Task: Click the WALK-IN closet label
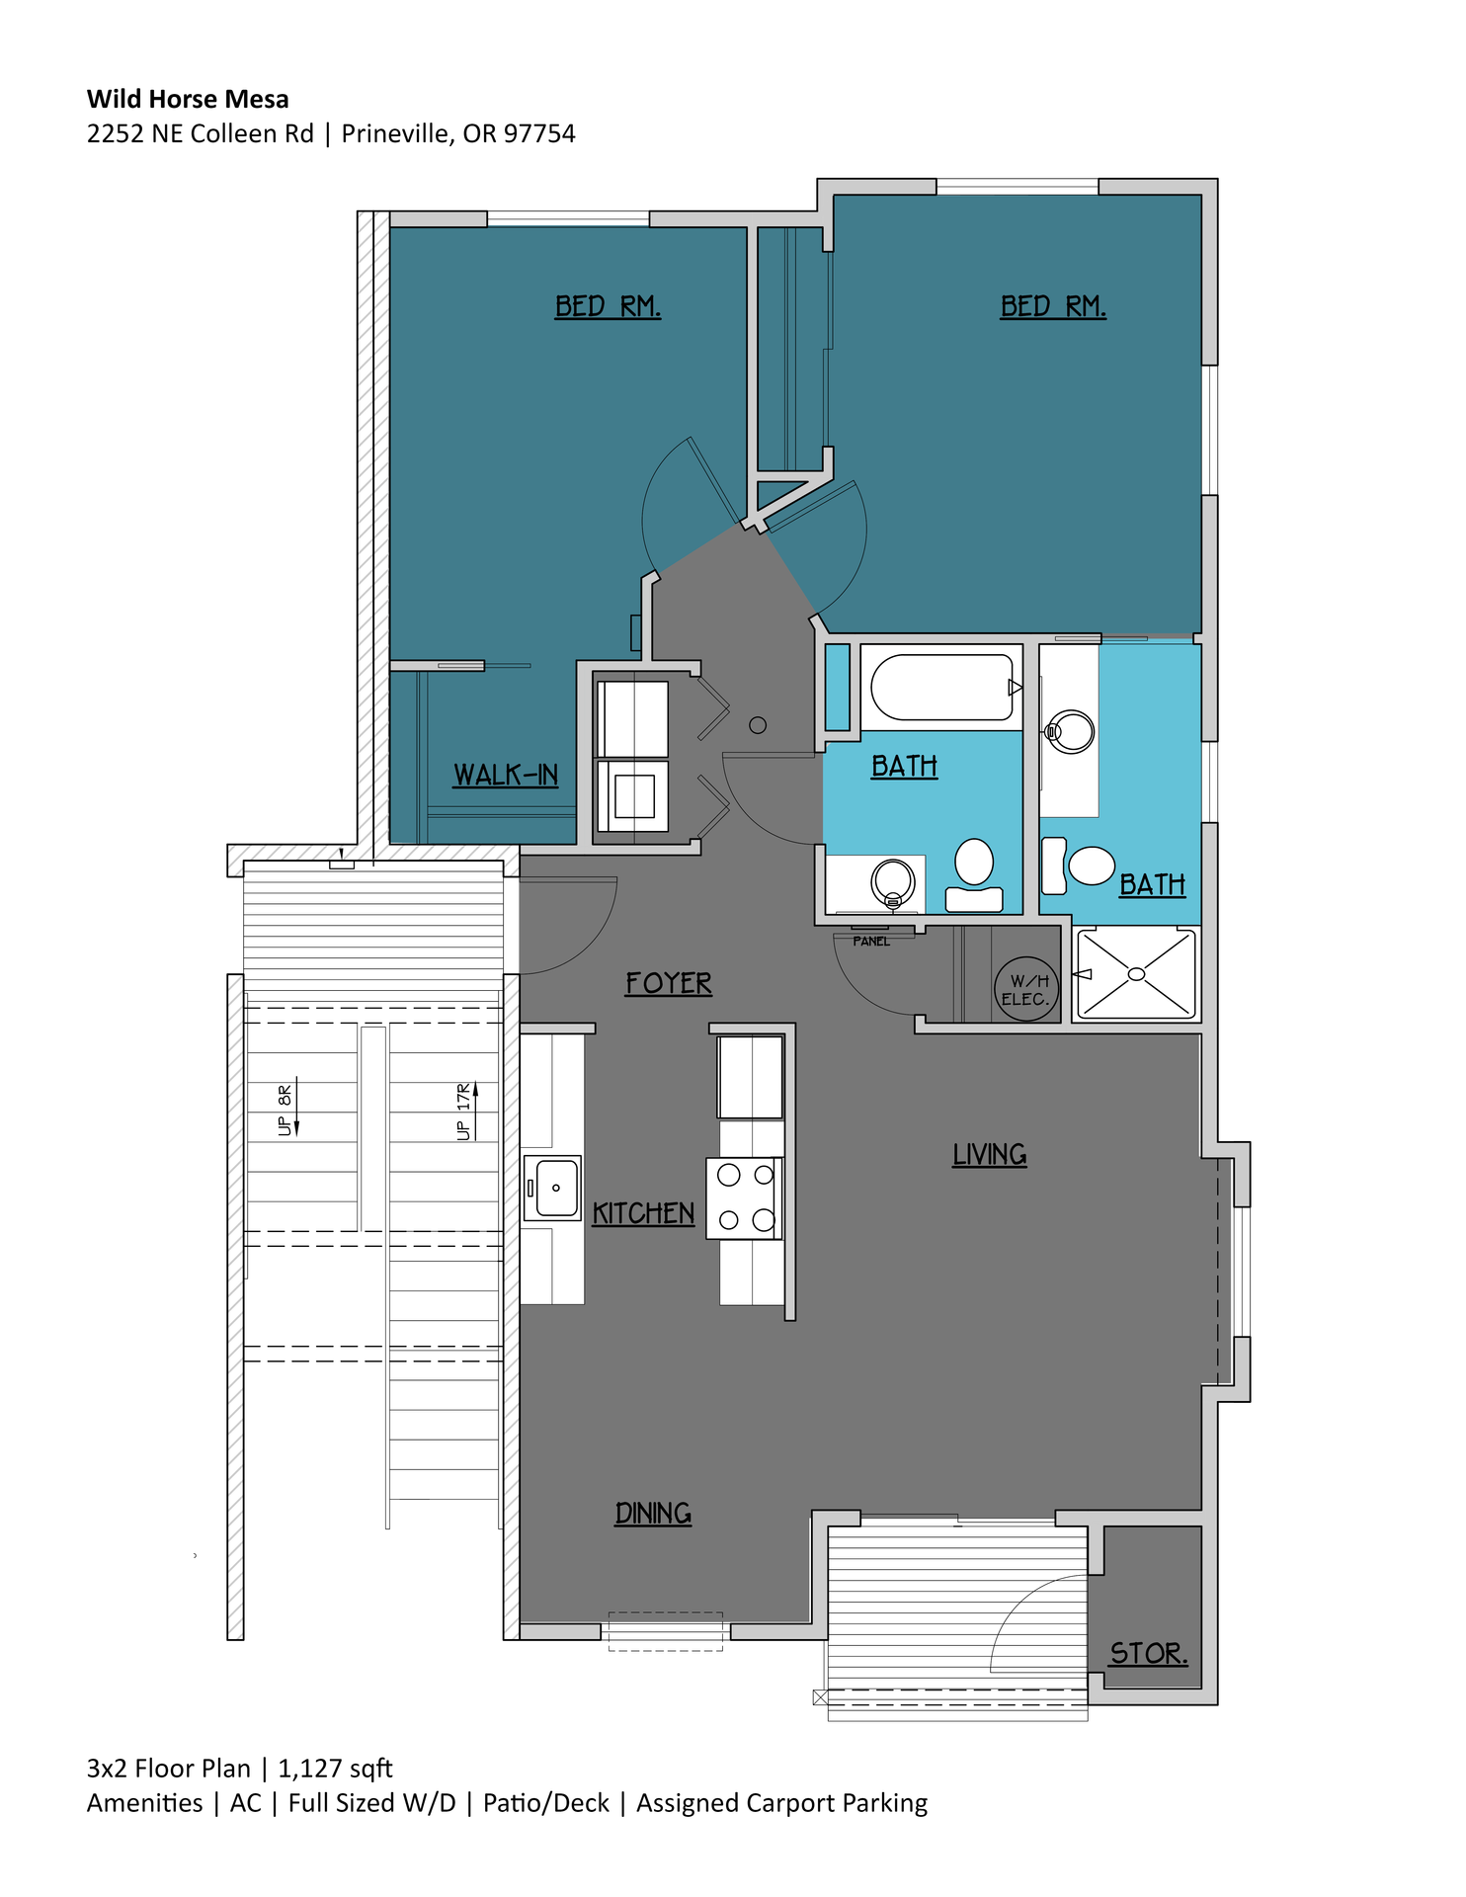505,775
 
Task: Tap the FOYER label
668,983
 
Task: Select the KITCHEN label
643,1213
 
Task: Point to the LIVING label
989,1154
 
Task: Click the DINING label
652,1513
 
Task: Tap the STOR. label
1148,1653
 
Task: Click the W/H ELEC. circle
1025,990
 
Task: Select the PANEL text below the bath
871,942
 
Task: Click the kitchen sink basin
556,1188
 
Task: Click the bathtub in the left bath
941,687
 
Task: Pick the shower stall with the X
1136,974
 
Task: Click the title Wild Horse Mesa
188,99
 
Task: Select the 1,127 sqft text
335,1768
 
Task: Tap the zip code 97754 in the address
539,133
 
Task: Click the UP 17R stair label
464,1112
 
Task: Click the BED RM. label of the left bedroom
607,306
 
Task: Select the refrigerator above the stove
751,1077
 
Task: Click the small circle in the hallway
758,725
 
